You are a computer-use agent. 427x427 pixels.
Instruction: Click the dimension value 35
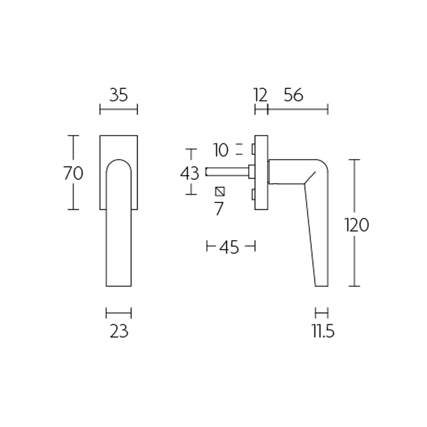118,96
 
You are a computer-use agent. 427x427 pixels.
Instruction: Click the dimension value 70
73,173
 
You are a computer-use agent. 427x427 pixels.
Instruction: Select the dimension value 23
119,332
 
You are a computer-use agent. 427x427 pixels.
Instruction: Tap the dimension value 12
260,96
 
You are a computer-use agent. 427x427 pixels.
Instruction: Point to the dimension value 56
293,96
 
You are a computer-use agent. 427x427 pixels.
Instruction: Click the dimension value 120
357,225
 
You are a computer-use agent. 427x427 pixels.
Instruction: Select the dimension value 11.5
323,332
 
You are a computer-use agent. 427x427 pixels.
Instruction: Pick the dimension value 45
229,248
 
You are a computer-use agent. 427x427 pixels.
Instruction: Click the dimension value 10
220,151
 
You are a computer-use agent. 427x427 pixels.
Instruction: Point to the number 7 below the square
218,208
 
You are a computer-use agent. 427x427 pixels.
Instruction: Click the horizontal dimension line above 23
118,313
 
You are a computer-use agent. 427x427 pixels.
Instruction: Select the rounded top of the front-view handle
119,162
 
